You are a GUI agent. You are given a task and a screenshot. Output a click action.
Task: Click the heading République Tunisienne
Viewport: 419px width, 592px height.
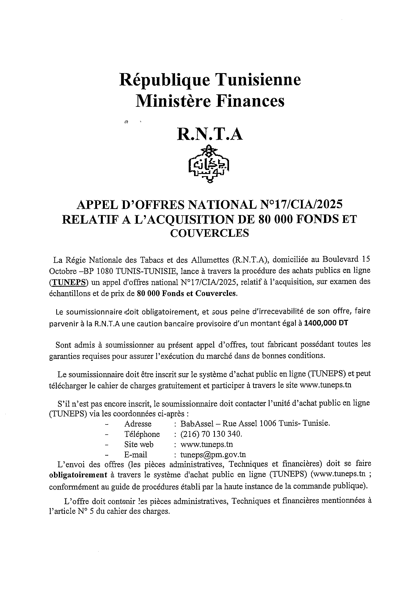[x=210, y=80]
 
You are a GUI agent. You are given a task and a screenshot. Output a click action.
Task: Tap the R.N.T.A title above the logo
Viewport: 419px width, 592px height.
[x=210, y=135]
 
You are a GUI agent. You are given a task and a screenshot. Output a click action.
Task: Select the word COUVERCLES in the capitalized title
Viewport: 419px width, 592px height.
[x=209, y=233]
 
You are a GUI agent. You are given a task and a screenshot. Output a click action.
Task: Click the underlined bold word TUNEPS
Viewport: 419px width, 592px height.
[x=69, y=282]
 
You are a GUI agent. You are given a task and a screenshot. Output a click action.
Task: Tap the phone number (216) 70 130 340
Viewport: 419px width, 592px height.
[x=211, y=434]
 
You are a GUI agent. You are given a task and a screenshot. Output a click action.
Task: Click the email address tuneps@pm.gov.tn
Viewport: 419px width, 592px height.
[x=213, y=455]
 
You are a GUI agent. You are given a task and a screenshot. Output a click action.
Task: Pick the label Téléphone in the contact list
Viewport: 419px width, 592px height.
[x=142, y=434]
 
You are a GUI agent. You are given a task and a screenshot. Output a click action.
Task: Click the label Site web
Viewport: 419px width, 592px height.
[x=139, y=445]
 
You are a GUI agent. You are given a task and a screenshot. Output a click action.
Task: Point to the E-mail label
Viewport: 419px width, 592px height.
[x=136, y=455]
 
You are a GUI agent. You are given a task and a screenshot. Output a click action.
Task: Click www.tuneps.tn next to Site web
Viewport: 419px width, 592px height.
[x=206, y=445]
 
